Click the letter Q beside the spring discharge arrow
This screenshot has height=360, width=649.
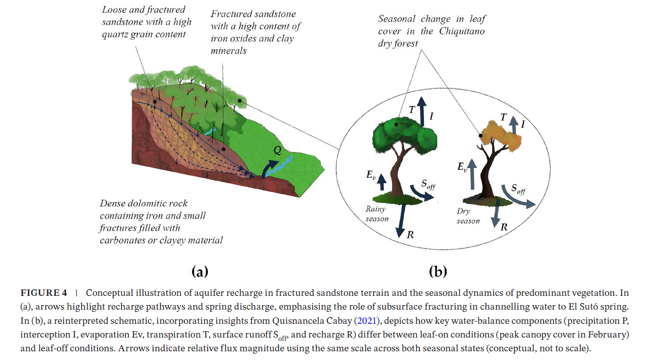click(277, 151)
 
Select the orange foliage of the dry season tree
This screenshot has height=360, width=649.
click(497, 138)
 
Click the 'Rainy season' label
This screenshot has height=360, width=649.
click(377, 214)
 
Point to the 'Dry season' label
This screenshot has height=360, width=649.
click(468, 216)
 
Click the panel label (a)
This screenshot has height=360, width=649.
click(199, 272)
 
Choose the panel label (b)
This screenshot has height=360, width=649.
click(438, 272)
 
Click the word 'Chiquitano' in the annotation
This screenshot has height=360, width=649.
click(462, 31)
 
